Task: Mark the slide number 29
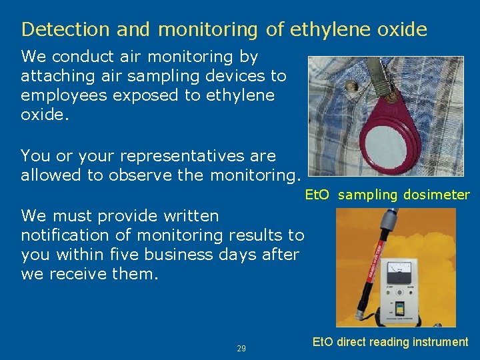click(x=241, y=349)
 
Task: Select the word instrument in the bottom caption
click(x=440, y=342)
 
